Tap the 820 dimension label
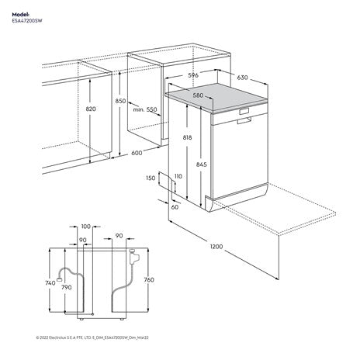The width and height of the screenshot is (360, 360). click(91, 109)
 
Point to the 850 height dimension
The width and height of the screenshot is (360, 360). click(120, 102)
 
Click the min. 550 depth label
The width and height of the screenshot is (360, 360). click(145, 110)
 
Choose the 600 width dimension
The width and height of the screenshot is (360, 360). click(137, 153)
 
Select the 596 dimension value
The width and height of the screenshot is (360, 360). click(195, 76)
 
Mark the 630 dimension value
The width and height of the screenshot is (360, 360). click(243, 78)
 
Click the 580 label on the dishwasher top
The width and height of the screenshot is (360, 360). click(198, 95)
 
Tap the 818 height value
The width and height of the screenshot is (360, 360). click(188, 137)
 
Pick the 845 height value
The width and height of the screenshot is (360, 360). click(202, 164)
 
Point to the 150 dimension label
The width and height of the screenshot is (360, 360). click(149, 178)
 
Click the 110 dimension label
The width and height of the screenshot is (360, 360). click(178, 178)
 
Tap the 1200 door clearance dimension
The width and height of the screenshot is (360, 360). click(216, 247)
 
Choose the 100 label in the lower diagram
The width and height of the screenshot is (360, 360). click(85, 227)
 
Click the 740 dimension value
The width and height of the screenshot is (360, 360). click(50, 284)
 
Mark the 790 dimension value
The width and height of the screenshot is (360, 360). click(66, 288)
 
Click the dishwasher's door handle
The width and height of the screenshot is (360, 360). click(244, 111)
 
